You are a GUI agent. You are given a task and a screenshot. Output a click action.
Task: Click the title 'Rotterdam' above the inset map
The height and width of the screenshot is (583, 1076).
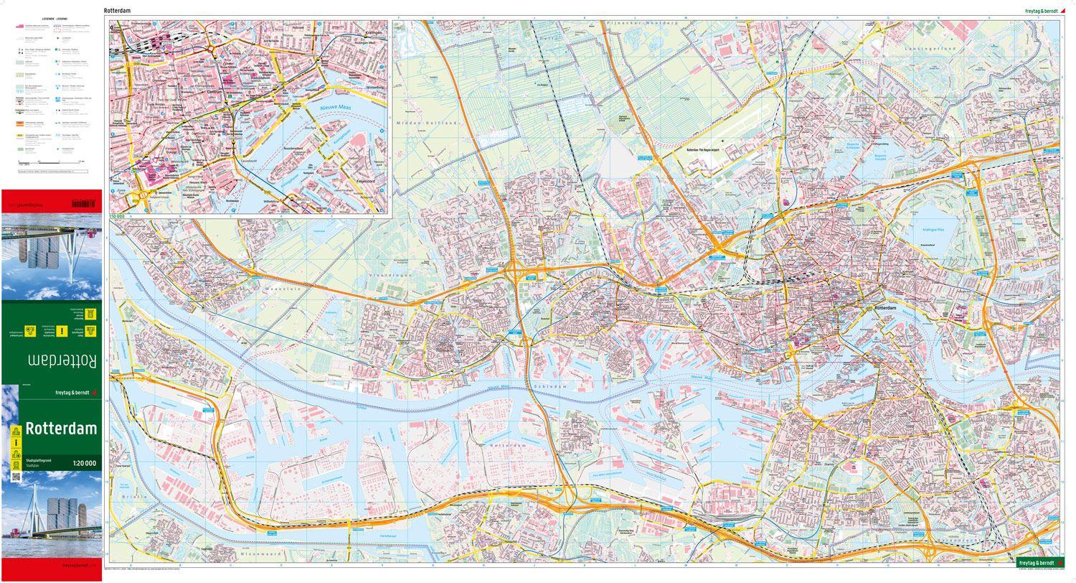(117, 11)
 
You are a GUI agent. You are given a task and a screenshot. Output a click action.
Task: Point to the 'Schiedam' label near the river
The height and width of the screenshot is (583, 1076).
(550, 386)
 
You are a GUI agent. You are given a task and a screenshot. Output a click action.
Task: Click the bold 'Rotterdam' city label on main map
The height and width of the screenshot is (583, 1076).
(885, 307)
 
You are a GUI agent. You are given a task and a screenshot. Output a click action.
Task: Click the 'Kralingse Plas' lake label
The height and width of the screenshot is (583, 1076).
(933, 230)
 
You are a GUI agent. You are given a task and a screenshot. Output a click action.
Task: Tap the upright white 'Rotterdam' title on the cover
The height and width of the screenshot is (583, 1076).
(61, 429)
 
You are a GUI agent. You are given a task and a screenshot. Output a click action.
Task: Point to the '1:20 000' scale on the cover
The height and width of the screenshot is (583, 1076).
(84, 463)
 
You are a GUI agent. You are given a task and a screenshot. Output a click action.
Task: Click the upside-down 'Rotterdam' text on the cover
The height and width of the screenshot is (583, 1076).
(62, 359)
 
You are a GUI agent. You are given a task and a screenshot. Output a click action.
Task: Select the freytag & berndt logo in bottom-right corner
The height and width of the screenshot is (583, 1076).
(1038, 562)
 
